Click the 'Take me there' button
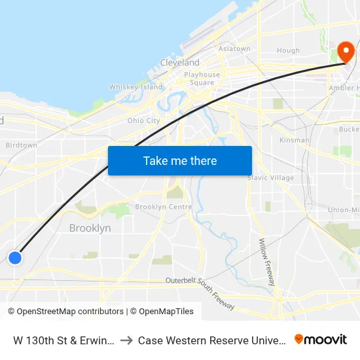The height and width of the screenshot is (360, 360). (x=179, y=160)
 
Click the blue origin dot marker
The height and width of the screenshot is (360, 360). (x=15, y=257)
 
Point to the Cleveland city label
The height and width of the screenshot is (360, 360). (x=180, y=63)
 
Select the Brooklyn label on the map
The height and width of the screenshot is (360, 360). (x=90, y=228)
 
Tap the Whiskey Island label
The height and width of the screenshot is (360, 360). (x=135, y=87)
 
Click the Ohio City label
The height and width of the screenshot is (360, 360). (x=143, y=120)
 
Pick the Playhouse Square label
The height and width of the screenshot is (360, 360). (x=202, y=79)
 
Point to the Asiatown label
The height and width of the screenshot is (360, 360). (x=234, y=49)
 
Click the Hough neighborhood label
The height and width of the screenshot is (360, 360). (x=288, y=50)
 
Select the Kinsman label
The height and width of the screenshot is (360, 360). (x=294, y=140)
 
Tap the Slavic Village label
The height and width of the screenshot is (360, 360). (x=270, y=177)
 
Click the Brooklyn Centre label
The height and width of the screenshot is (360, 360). (x=164, y=207)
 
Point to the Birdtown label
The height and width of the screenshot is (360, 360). (x=21, y=145)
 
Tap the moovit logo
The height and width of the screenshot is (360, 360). (x=321, y=339)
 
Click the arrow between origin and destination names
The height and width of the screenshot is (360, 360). (x=126, y=340)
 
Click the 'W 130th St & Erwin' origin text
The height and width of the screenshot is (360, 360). (x=64, y=340)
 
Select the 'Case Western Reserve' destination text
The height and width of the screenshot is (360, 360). (x=211, y=340)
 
